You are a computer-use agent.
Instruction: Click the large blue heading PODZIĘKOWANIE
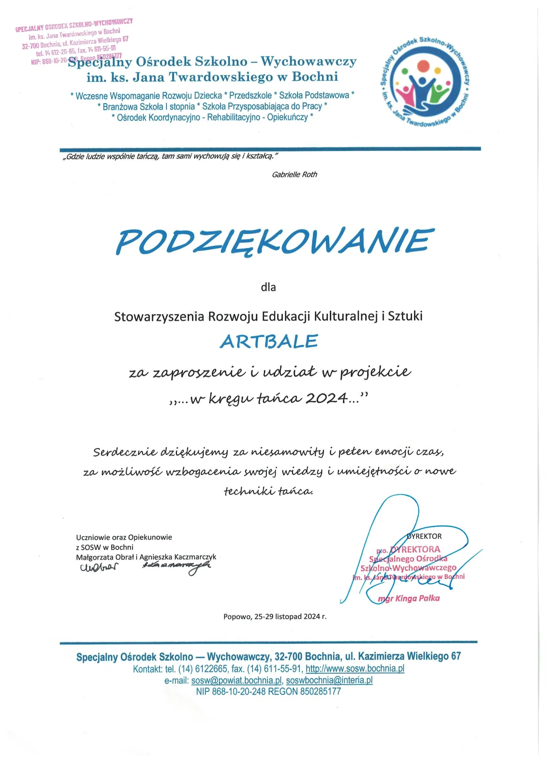[x=274, y=242]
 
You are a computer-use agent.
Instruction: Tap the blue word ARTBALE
[x=269, y=341]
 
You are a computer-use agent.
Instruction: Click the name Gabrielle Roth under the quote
[x=294, y=175]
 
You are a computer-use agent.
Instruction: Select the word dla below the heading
[x=268, y=287]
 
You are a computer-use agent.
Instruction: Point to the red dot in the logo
[x=422, y=66]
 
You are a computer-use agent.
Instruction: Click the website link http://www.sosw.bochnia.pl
[x=355, y=668]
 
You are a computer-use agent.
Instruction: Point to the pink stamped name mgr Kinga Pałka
[x=409, y=598]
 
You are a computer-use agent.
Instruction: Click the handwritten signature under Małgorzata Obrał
[x=99, y=568]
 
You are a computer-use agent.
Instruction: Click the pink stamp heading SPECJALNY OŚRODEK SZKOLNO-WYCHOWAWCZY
[x=74, y=25]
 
